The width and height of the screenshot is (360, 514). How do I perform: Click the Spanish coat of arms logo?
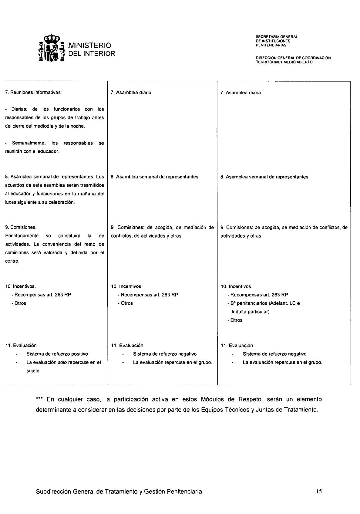coord(52,49)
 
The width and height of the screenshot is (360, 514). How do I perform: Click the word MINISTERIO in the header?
coord(90,46)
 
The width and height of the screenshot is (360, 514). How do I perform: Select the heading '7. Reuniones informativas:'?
coord(34,92)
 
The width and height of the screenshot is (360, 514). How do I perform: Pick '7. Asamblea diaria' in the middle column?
coord(131,93)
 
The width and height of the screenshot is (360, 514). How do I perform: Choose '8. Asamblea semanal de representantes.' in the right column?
coord(265,177)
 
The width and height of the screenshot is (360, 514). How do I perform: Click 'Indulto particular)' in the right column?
coord(251,312)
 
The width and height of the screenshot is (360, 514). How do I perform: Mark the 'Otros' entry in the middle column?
coord(126,303)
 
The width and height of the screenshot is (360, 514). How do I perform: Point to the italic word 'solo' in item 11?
coord(62,362)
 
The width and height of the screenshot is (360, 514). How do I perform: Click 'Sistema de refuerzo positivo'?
coord(57,354)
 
